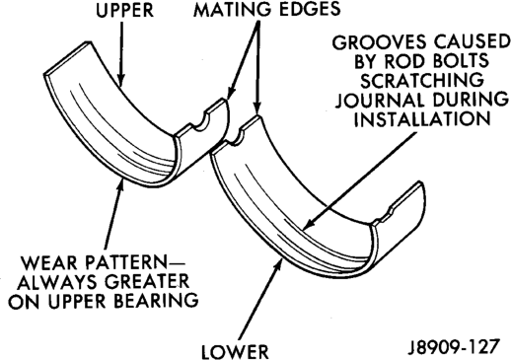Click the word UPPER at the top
coord(125,11)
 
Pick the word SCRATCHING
coord(422,80)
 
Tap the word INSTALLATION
coord(422,118)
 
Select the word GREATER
coord(148,282)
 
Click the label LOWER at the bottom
coord(235,351)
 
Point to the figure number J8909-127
coord(454,347)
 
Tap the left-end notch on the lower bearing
coord(235,137)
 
